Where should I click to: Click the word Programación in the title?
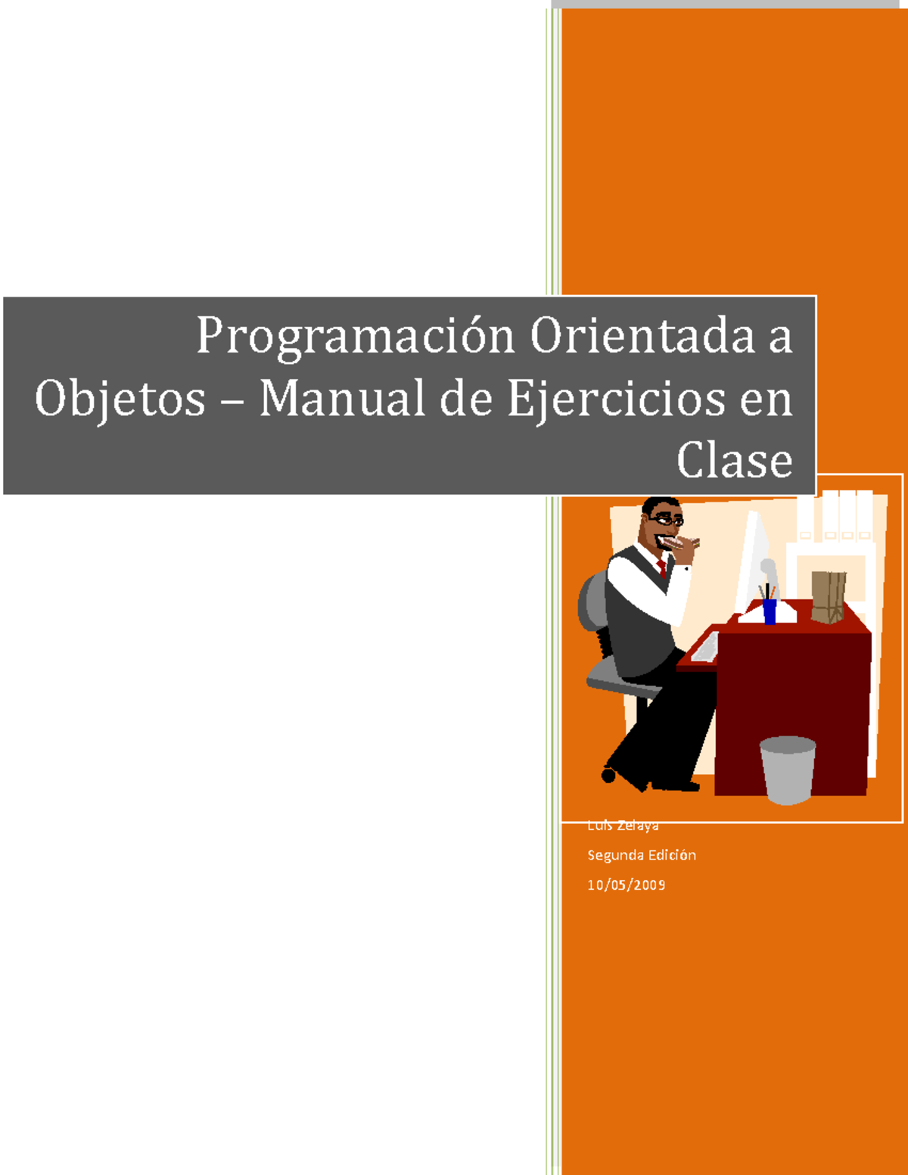point(355,337)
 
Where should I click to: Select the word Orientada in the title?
point(642,335)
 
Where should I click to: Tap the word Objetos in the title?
point(120,399)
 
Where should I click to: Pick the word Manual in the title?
point(342,398)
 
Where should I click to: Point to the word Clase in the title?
point(734,460)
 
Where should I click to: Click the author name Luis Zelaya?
point(623,825)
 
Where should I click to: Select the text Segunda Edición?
point(642,855)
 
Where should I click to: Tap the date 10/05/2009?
point(627,884)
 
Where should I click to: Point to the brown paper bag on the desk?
point(828,597)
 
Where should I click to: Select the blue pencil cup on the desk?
point(770,611)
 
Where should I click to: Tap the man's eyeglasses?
point(667,521)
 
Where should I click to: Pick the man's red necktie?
point(662,568)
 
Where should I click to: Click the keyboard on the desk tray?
point(706,648)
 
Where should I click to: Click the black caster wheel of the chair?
point(608,775)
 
